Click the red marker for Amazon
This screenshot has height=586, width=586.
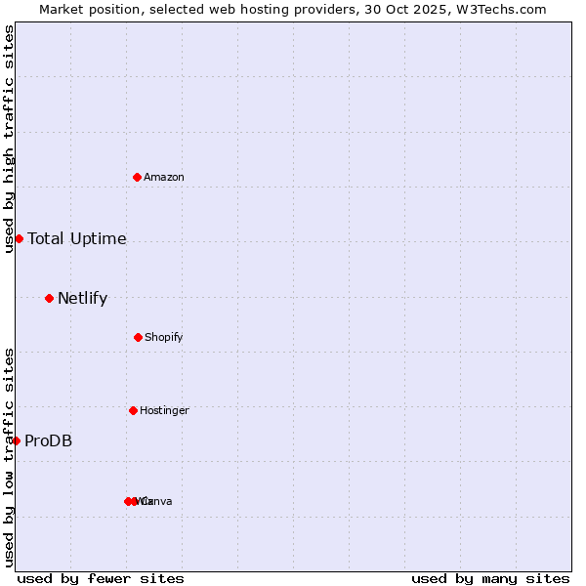(x=138, y=177)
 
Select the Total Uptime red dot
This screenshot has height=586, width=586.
(x=19, y=238)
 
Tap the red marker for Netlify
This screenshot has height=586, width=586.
(x=49, y=298)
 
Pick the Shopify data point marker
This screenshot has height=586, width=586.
(x=138, y=337)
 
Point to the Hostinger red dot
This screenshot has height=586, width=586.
(x=133, y=410)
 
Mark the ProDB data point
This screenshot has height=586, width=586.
(x=16, y=440)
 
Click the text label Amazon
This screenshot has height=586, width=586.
(x=164, y=177)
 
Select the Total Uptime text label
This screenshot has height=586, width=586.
(x=77, y=238)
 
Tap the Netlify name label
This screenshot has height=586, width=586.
(x=83, y=298)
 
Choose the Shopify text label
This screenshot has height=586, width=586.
(x=164, y=337)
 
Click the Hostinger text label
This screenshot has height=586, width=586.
(x=164, y=410)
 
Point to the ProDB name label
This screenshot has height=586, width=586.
(x=49, y=440)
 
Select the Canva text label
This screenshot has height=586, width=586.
(x=158, y=501)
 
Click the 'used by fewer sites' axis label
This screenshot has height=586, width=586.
(x=101, y=578)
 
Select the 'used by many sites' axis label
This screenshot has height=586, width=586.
(x=490, y=578)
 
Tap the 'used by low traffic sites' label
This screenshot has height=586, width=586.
(x=9, y=457)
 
